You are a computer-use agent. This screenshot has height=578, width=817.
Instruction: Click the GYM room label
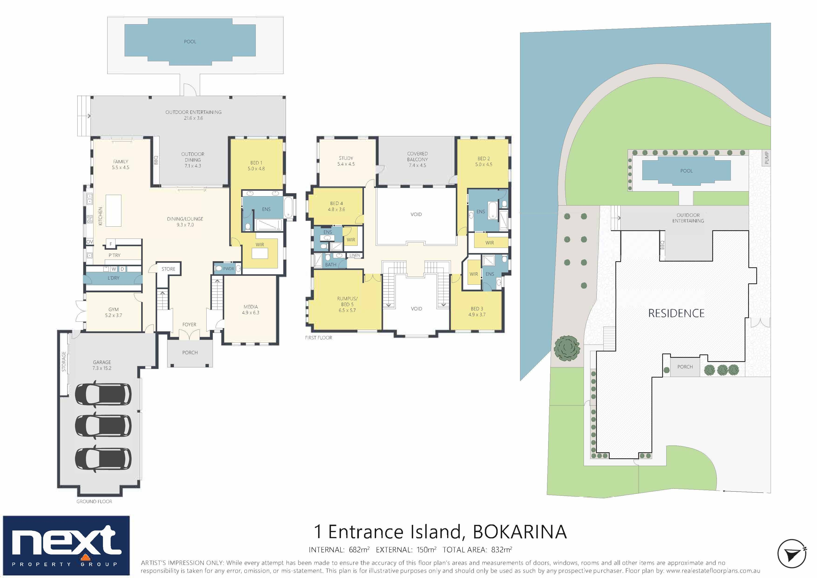coord(113,309)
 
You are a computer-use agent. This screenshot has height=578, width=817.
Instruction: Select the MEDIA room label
coord(251,306)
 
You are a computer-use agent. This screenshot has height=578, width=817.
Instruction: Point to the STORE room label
coord(168,269)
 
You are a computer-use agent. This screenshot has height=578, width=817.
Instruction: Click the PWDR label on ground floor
coord(228,269)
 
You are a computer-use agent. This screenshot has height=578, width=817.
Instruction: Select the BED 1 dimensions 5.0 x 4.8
coord(256,169)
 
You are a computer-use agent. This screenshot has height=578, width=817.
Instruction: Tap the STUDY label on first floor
coord(346,158)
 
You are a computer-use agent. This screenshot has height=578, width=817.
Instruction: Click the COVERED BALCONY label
coord(417,157)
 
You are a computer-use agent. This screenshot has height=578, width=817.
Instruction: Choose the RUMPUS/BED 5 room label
coord(347,301)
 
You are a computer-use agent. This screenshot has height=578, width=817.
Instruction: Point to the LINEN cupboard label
coord(355,255)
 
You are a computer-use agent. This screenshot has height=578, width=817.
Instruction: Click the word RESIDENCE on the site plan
coord(676,313)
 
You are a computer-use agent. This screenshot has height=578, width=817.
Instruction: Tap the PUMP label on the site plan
coord(766,158)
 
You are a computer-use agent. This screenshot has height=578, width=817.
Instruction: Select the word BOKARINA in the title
coord(520,532)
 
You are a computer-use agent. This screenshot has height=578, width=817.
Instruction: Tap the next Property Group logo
coord(66,545)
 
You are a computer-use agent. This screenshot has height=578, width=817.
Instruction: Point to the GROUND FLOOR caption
coord(94,502)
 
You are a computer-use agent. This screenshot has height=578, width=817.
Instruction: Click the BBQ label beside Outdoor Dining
coord(156,160)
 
